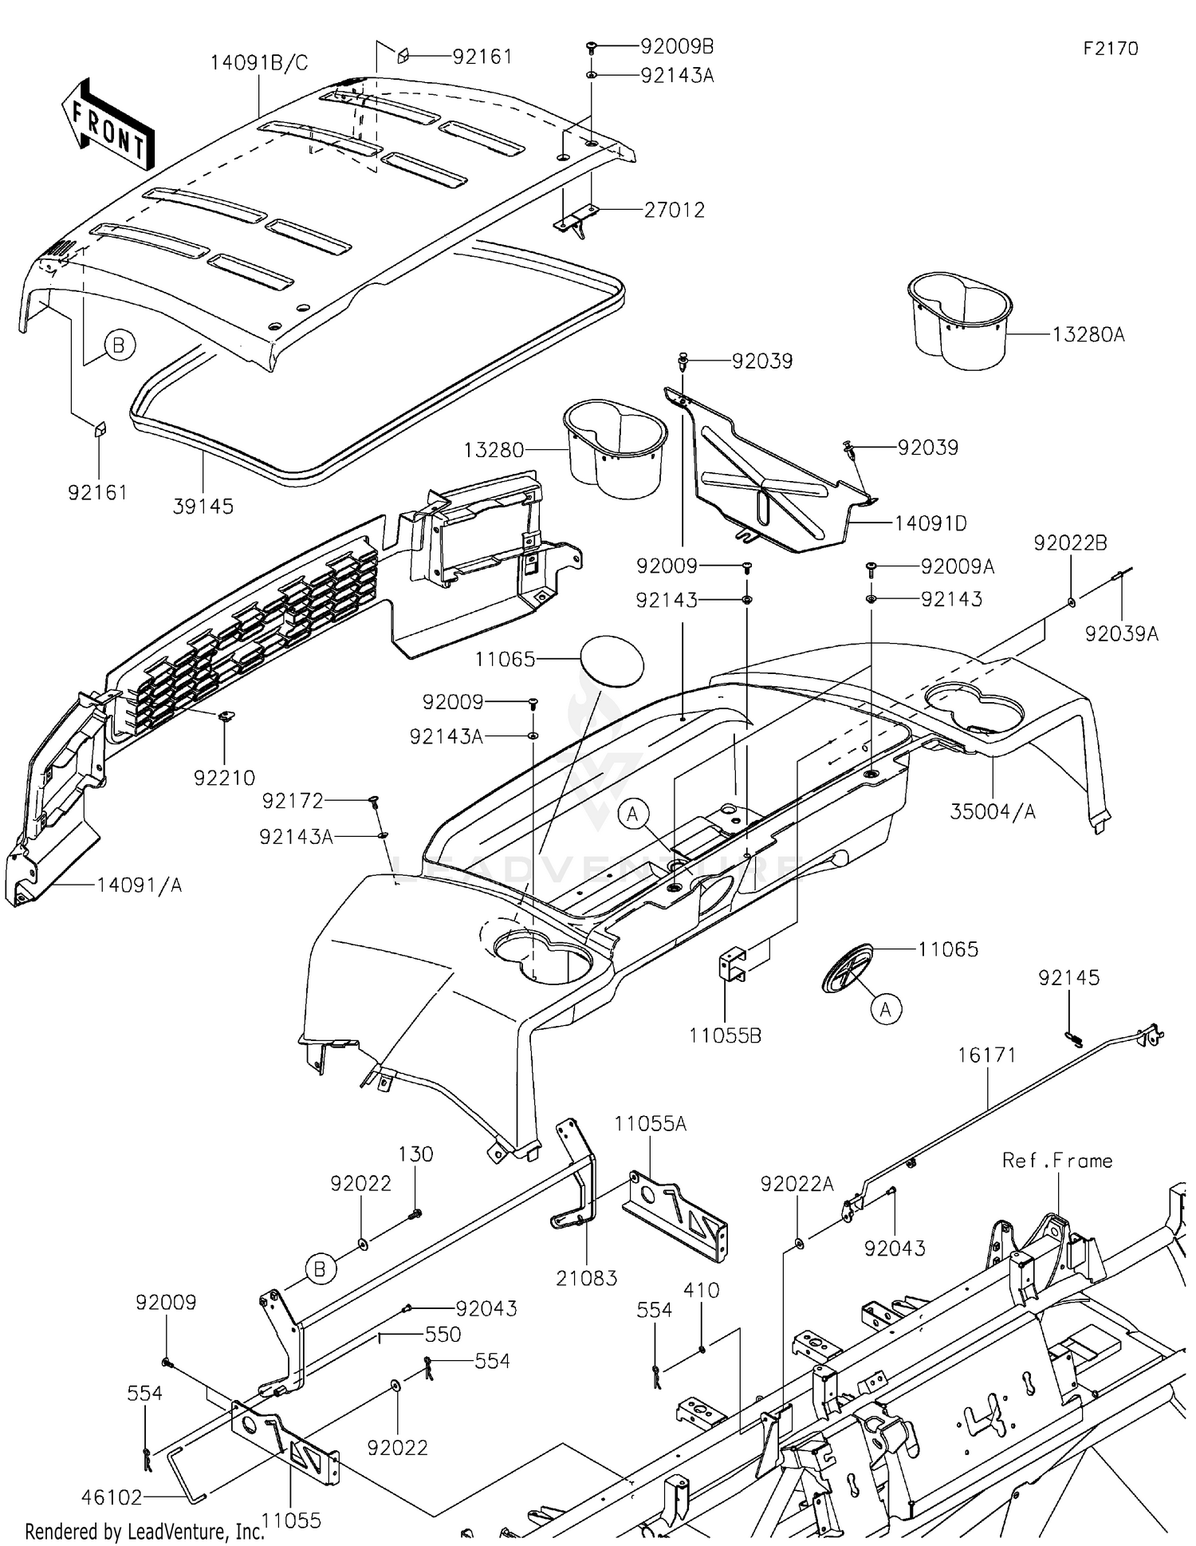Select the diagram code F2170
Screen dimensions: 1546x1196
pos(1110,49)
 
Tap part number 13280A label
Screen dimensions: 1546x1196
pos(1088,335)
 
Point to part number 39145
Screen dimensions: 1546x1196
pos(203,507)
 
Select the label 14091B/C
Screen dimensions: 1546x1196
pos(259,63)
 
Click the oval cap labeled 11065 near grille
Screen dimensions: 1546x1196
pos(611,661)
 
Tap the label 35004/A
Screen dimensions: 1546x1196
pos(993,811)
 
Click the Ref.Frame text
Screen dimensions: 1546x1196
pos(1057,1161)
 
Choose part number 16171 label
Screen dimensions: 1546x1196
pos(987,1055)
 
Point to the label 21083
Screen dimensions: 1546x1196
pos(587,1278)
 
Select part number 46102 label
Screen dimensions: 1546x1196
pos(112,1497)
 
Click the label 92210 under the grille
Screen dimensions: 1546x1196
pos(224,777)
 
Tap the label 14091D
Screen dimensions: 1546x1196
pos(930,524)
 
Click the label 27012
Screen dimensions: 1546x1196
pos(675,210)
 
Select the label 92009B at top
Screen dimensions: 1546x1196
pos(677,46)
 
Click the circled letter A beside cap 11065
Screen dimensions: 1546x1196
pos(886,1009)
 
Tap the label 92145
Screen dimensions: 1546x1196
pos(1068,977)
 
